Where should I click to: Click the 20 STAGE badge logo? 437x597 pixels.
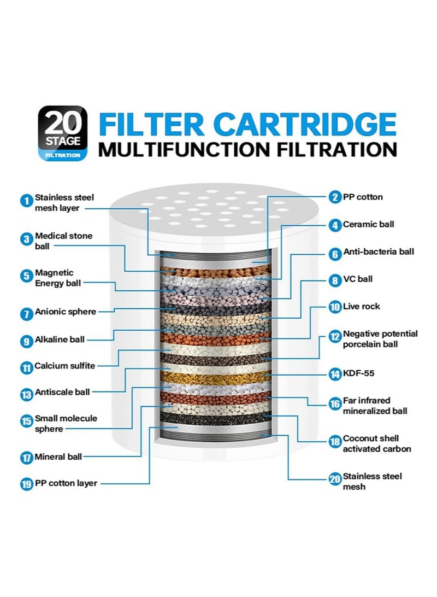click(63, 133)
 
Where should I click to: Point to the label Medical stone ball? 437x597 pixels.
click(63, 241)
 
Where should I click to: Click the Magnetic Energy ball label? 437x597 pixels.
click(57, 277)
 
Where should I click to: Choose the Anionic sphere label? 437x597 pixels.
click(66, 312)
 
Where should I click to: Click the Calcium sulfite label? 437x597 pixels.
click(64, 366)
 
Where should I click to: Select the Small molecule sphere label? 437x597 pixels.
click(66, 424)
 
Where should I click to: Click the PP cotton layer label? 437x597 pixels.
click(66, 483)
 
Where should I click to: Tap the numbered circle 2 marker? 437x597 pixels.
click(335, 197)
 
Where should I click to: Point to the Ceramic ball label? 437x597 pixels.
click(368, 224)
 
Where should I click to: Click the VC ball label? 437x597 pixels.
click(358, 279)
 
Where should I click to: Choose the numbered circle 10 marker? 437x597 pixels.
click(335, 307)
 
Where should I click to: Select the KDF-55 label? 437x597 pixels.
click(358, 374)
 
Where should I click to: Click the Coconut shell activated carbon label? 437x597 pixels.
click(376, 443)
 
